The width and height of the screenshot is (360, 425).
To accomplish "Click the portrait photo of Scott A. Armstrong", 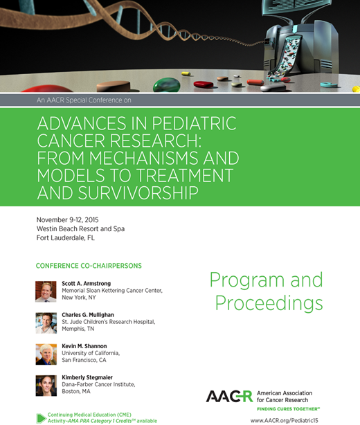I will tap(46, 291).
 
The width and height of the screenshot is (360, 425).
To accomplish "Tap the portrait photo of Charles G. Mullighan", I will tap(46, 323).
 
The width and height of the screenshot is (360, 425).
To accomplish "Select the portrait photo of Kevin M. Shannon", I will tap(46, 354).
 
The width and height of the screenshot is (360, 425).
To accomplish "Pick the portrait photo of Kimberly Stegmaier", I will tap(46, 386).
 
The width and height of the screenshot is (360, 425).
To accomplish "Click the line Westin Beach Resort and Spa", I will tap(80, 229).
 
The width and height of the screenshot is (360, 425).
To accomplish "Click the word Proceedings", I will tap(269, 302).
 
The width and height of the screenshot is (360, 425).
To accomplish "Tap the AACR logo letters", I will tap(231, 397).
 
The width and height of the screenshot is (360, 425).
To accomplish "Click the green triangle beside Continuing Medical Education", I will tap(41, 417).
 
